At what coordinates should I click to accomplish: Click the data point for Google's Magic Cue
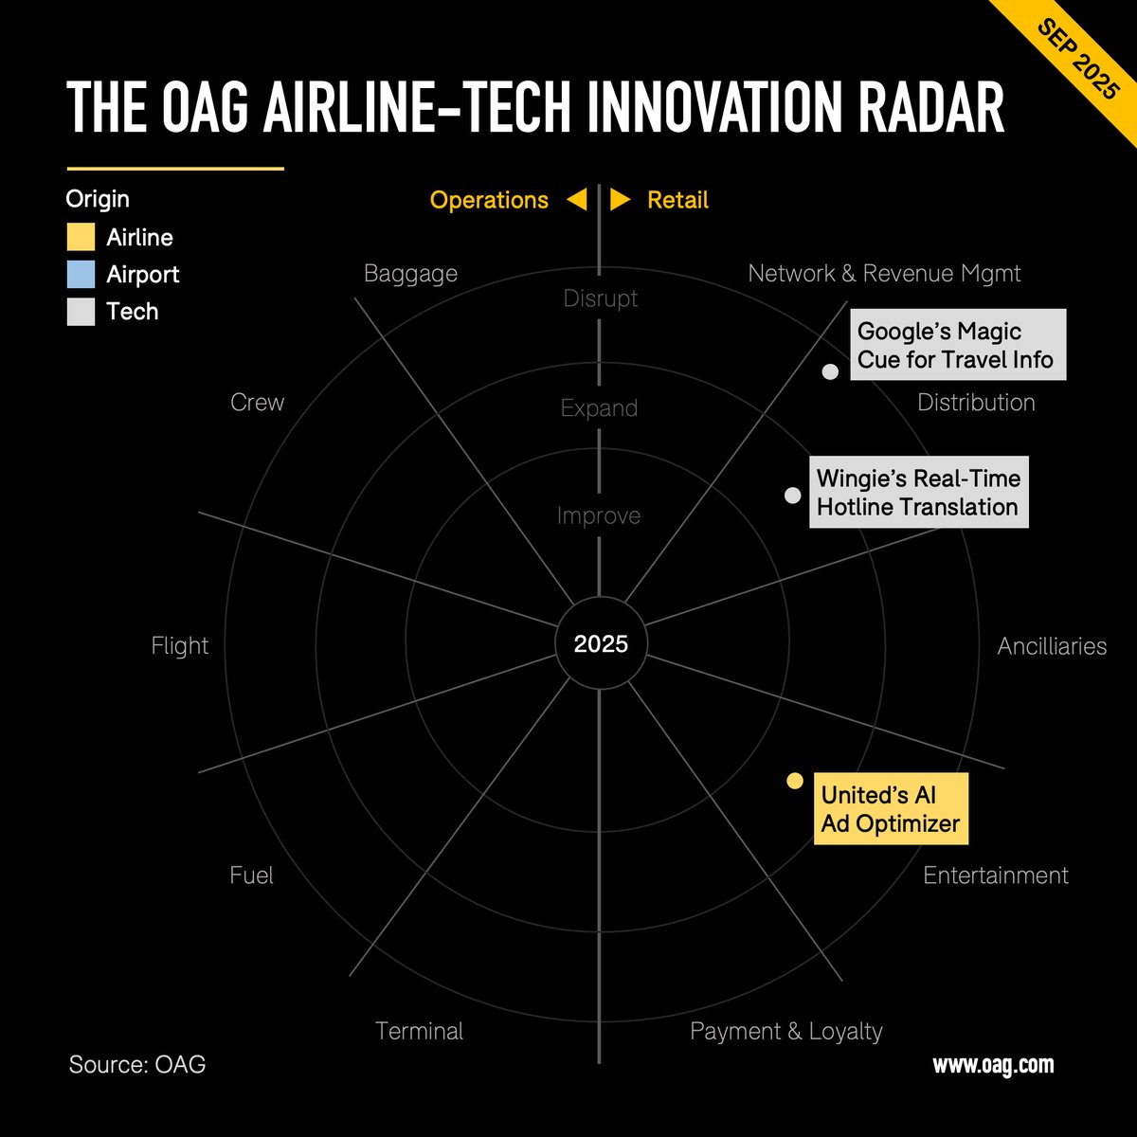[830, 372]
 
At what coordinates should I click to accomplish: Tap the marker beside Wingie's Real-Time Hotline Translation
[793, 496]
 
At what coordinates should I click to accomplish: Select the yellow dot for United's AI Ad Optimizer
[795, 781]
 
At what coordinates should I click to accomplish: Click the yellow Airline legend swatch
[81, 237]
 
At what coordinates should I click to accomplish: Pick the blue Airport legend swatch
[81, 275]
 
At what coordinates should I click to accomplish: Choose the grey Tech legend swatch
[81, 312]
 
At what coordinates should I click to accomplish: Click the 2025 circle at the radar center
[600, 644]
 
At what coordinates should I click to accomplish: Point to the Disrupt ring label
[600, 298]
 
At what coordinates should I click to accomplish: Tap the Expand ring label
[599, 408]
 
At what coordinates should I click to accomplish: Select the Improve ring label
[599, 516]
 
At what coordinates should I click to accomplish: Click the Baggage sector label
[410, 274]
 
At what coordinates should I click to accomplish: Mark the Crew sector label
[257, 403]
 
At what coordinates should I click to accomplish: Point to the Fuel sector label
[251, 875]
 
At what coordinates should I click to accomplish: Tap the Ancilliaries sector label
[1052, 646]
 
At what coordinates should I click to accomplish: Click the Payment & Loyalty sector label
[785, 1031]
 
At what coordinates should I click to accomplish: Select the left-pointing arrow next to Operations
[577, 200]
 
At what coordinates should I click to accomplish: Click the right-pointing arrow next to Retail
[621, 200]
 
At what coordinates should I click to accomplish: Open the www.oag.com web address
[993, 1065]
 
